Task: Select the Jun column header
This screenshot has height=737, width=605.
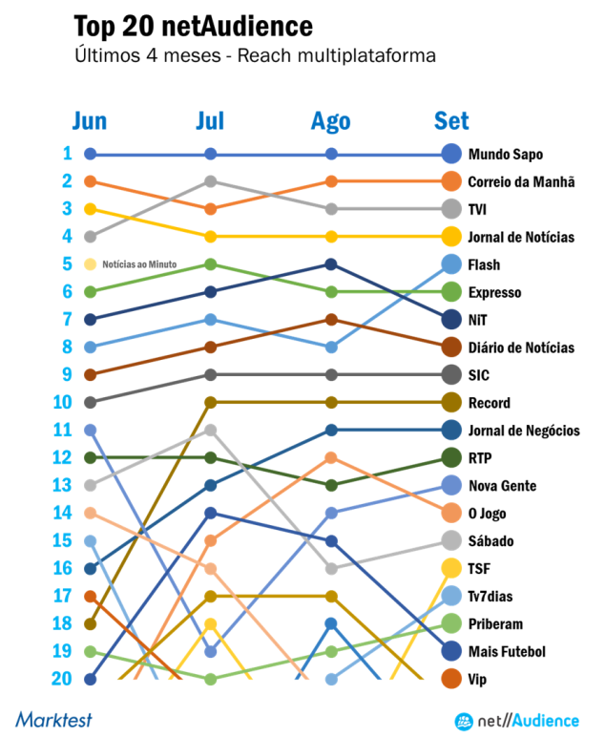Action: (90, 121)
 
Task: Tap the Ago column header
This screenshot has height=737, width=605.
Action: (331, 121)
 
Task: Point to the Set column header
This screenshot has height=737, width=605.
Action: (451, 121)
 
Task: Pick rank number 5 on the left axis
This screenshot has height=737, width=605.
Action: (67, 264)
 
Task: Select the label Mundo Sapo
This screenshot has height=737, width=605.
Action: (506, 154)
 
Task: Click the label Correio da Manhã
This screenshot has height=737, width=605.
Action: (520, 181)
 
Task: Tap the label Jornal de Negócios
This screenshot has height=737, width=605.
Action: (524, 431)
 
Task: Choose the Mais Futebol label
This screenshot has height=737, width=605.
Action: (507, 652)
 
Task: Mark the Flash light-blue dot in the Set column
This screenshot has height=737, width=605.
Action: (452, 264)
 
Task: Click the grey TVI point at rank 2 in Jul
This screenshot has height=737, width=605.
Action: (211, 181)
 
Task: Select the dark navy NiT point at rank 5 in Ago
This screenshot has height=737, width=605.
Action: (331, 264)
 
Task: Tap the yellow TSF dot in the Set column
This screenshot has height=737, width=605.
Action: (452, 569)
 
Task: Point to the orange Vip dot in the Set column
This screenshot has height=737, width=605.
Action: (452, 680)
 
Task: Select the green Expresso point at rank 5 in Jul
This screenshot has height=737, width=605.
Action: (211, 264)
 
